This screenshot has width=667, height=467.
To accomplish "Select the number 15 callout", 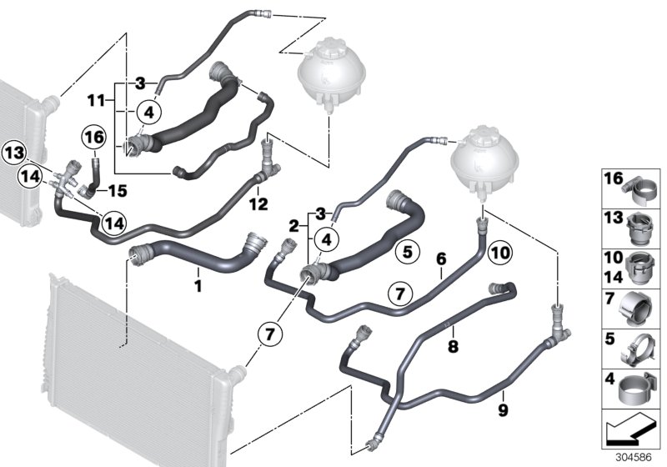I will (x=118, y=191).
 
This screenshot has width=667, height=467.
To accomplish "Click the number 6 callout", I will (x=440, y=259).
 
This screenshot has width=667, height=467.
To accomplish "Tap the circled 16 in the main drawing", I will (x=93, y=136).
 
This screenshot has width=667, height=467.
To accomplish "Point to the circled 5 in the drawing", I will (x=404, y=249).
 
